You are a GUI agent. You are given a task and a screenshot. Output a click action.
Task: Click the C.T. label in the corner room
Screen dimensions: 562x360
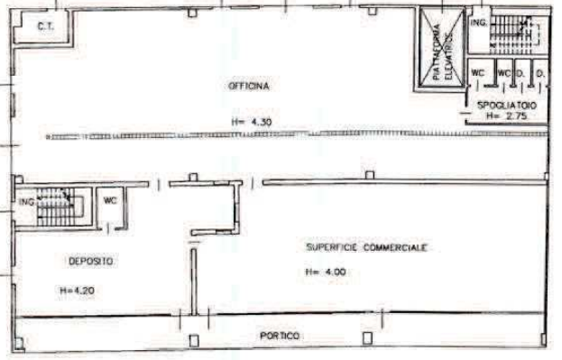coord(46,26)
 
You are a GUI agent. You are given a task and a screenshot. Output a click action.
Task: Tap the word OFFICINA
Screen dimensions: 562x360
coord(250,85)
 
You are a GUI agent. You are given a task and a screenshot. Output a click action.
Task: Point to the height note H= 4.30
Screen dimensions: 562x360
coord(252,121)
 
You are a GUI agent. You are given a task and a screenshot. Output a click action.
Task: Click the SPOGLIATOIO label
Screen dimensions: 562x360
coord(508,106)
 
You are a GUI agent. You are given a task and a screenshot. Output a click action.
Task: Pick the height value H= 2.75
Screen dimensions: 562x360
coord(504,116)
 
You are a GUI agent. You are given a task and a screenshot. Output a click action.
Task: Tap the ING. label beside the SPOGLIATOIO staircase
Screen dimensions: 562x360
coord(477,20)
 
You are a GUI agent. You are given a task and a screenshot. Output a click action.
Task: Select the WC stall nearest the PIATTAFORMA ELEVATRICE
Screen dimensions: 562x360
coord(478,73)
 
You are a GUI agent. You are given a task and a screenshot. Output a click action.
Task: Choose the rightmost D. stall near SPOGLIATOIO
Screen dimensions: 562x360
coord(539,73)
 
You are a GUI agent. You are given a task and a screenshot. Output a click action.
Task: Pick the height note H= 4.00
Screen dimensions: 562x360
coord(322,271)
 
